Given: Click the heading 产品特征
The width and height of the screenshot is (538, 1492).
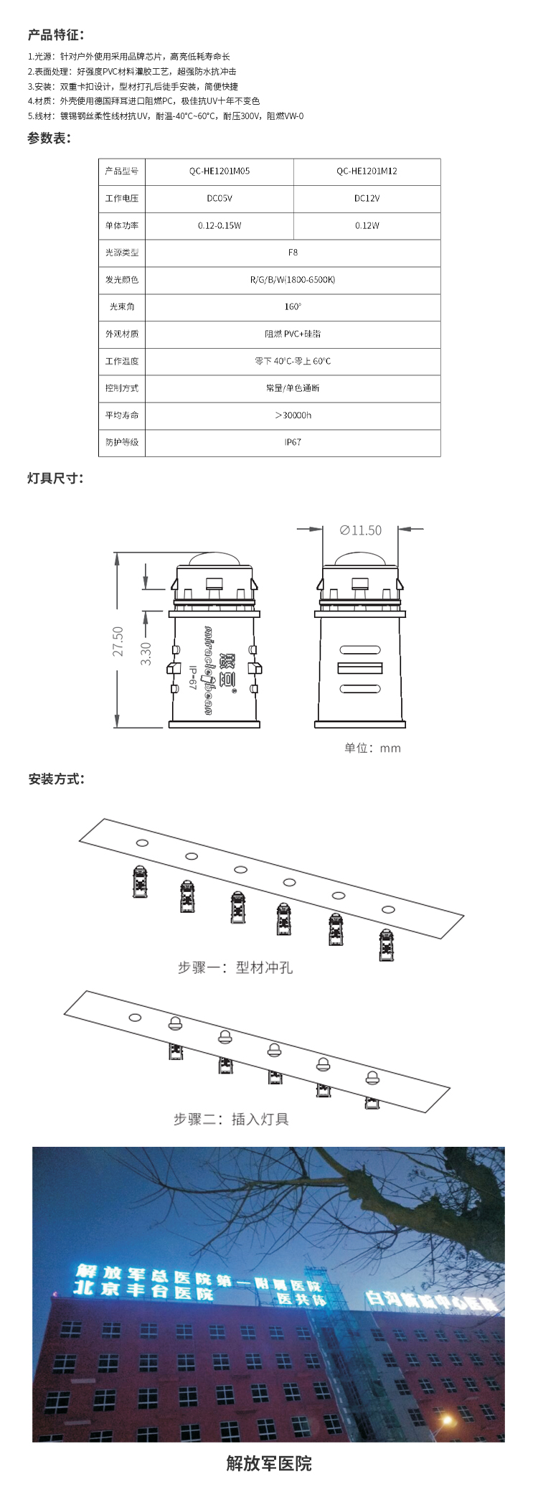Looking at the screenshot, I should (55, 34).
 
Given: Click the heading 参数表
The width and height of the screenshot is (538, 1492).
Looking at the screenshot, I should (49, 139).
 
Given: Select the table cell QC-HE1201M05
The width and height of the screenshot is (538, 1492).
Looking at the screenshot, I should (220, 172).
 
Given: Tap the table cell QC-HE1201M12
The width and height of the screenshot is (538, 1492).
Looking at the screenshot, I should (367, 172).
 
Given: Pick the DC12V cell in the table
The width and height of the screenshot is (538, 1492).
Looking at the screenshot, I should (367, 199).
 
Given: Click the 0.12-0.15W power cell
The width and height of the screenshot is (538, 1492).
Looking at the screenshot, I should (220, 226).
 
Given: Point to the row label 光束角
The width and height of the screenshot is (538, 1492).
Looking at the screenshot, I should (122, 307).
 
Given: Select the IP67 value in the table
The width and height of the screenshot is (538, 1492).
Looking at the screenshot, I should (293, 443).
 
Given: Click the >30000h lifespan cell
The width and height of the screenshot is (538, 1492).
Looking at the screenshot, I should (293, 416).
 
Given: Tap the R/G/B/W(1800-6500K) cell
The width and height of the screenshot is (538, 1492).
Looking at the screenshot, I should (293, 280).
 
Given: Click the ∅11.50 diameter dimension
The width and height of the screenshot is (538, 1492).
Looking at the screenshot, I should (361, 530).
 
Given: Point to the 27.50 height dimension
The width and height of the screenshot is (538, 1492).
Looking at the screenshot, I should (118, 641).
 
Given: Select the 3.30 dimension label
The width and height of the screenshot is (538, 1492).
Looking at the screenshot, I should (146, 653).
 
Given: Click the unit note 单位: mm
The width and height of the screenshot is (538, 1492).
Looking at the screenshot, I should (372, 748).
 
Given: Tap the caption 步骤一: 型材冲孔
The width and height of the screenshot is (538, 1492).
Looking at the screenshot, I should (235, 967).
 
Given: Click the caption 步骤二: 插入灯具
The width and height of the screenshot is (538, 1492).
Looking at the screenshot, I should (231, 1119).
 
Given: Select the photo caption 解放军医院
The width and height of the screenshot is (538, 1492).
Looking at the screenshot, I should (269, 1463).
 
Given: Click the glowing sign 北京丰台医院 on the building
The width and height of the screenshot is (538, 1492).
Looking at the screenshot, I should (143, 1291).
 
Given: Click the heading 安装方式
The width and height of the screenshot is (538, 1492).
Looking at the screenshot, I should (56, 779).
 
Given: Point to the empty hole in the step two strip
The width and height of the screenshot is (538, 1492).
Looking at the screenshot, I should (135, 1017).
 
